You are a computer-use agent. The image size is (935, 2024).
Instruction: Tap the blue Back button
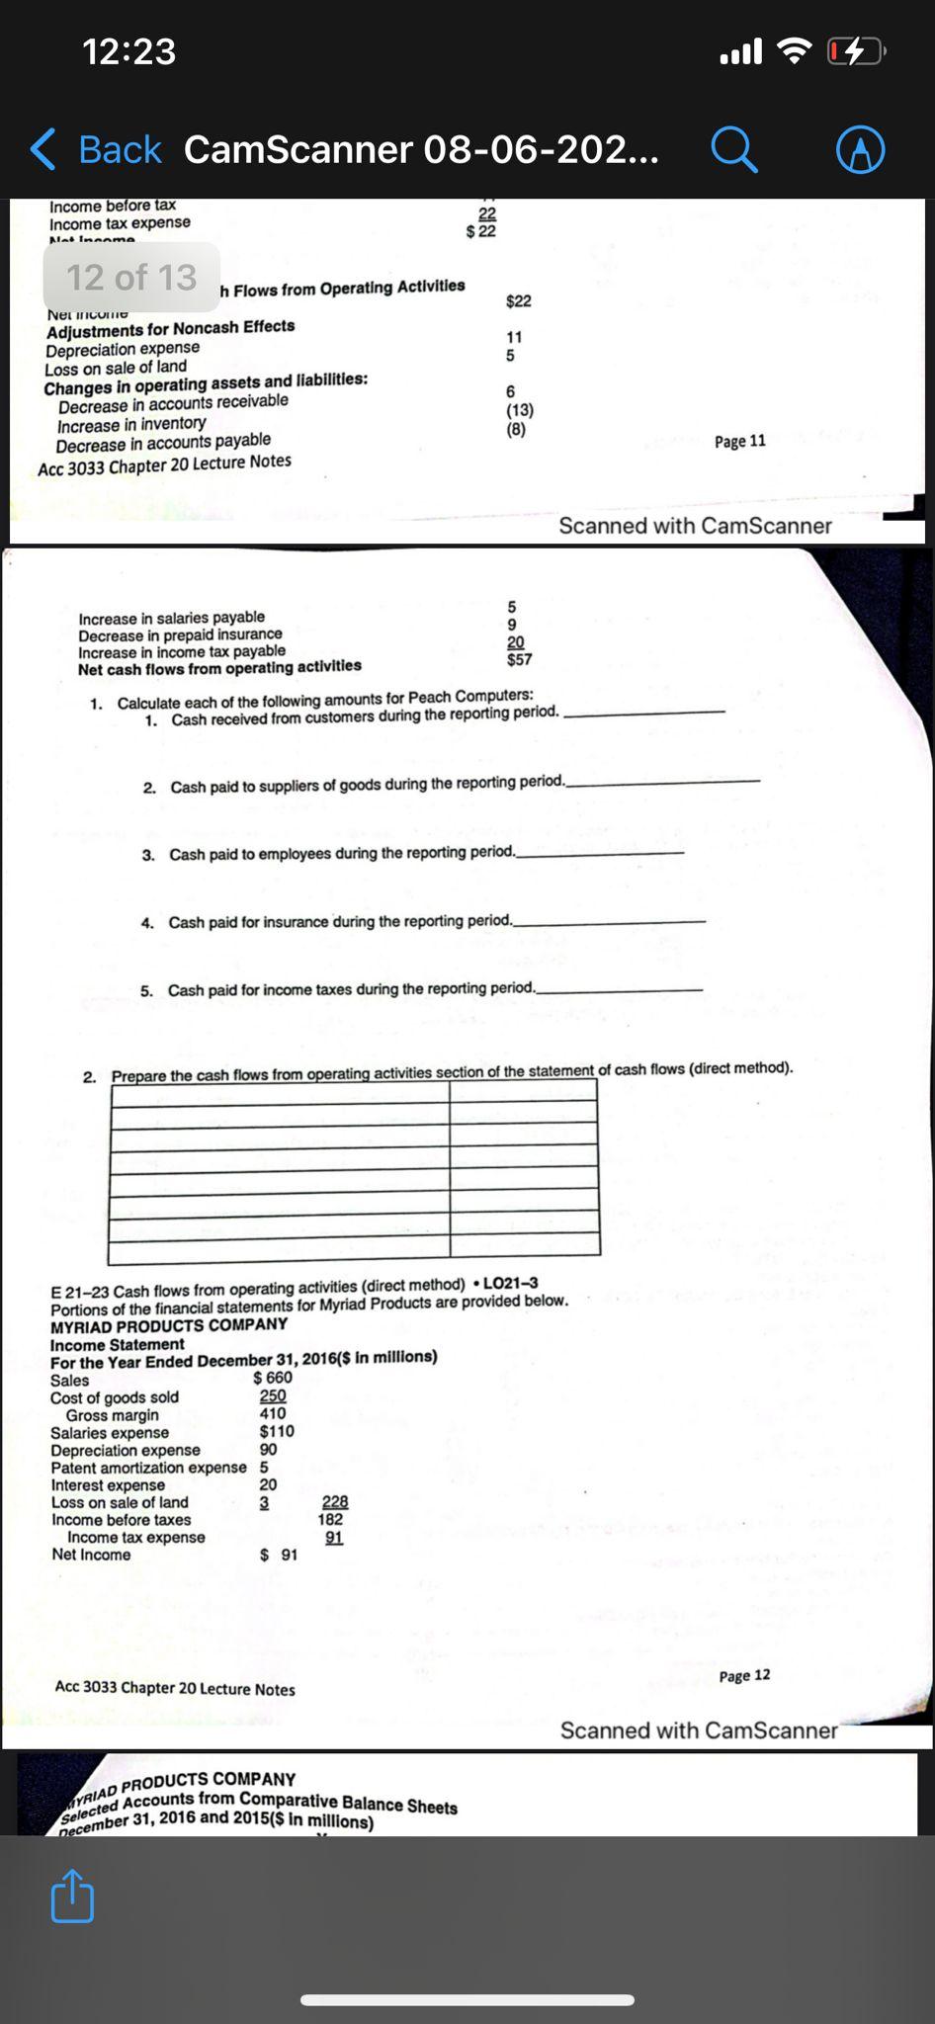click(96, 150)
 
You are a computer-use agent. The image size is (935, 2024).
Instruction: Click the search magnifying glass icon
click(734, 151)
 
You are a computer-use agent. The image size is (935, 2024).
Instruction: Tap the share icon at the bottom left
click(72, 1895)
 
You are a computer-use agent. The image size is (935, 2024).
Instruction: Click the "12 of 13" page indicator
click(131, 278)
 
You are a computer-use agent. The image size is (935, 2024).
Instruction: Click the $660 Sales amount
click(273, 1378)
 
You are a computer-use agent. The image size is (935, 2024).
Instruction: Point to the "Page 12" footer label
click(744, 1675)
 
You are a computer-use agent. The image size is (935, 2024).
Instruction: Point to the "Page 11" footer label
click(739, 441)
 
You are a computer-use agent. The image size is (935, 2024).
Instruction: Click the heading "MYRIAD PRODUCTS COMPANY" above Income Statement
click(169, 1325)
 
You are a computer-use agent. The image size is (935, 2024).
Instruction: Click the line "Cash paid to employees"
click(342, 853)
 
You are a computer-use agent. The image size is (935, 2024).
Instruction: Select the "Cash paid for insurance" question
click(340, 921)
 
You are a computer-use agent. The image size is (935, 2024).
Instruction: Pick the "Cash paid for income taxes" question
click(351, 989)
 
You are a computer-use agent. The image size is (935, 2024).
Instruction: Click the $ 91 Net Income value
click(279, 1555)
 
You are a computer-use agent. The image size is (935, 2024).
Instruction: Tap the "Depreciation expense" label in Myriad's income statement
click(126, 1450)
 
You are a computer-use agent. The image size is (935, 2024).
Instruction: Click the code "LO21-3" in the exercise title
click(510, 1283)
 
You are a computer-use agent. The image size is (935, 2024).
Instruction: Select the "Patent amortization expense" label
click(148, 1468)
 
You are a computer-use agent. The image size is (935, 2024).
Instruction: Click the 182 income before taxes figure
click(331, 1519)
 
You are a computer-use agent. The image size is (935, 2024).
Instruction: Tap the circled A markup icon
click(860, 151)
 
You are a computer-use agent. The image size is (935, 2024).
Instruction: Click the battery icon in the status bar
click(856, 50)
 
